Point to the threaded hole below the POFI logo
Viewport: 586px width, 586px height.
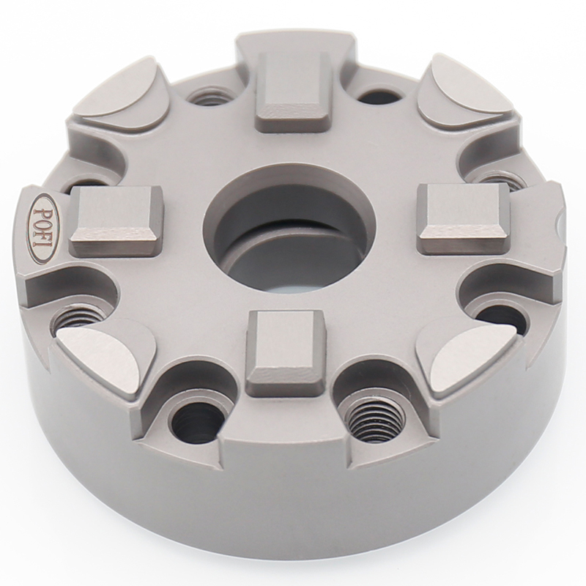pyautogui.click(x=80, y=316)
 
